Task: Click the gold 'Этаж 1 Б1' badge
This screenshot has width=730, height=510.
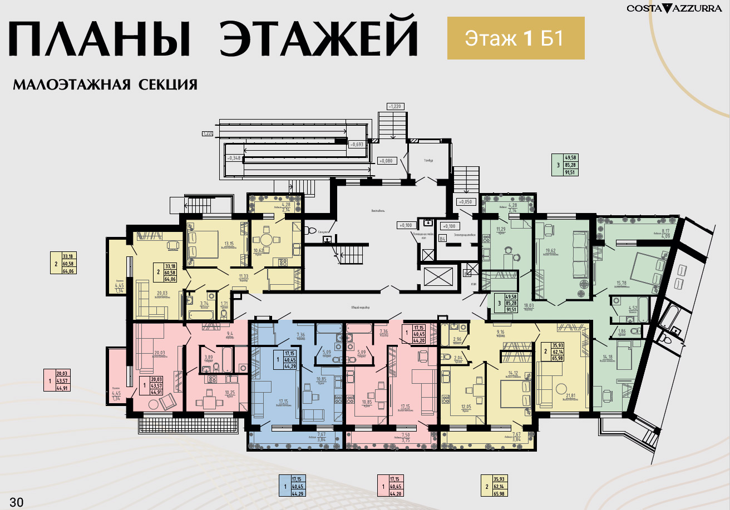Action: [x=515, y=38]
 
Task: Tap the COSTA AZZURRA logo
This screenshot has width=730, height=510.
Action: [x=672, y=8]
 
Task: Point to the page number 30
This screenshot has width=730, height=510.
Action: [x=17, y=502]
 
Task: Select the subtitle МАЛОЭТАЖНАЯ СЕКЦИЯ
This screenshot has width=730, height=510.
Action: [x=105, y=85]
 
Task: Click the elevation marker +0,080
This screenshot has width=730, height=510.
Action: [x=386, y=161]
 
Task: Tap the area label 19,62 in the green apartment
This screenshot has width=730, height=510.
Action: [x=551, y=250]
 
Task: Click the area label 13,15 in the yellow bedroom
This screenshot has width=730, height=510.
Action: [x=229, y=243]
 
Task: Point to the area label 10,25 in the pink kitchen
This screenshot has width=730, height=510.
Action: [x=229, y=392]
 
